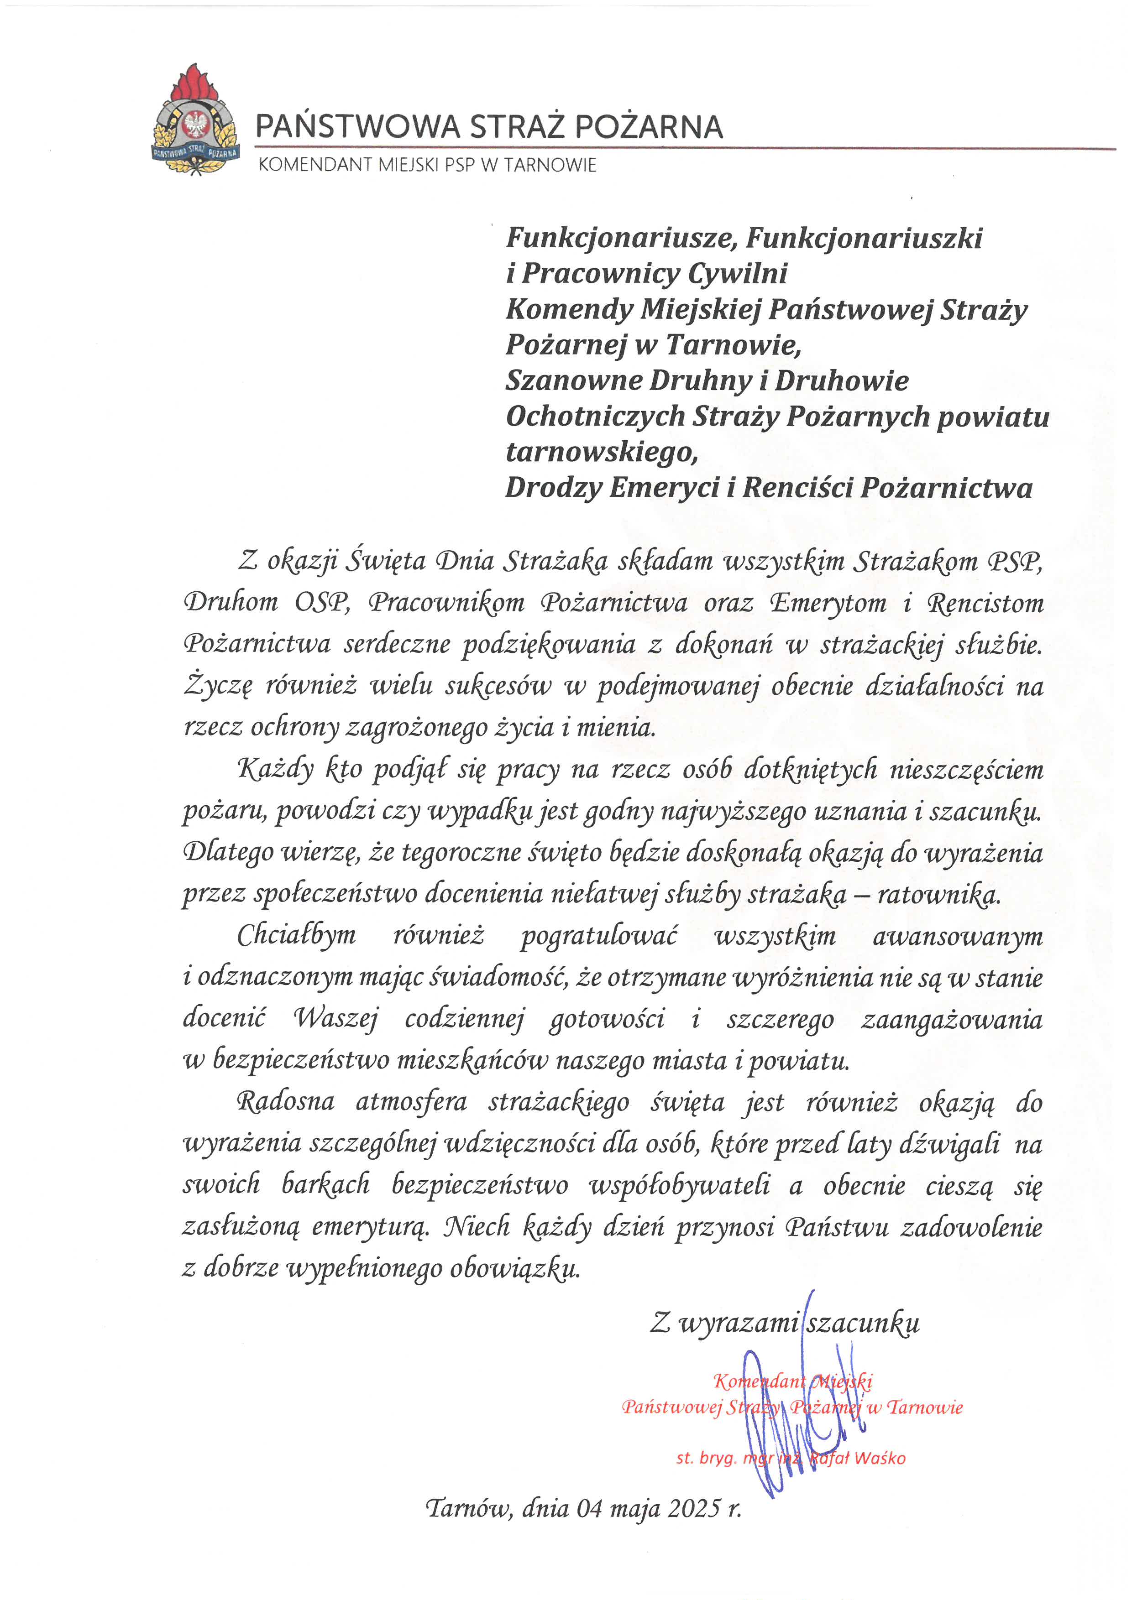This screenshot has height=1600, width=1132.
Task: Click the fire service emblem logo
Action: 195,120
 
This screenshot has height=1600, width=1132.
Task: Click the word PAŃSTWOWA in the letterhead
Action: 357,127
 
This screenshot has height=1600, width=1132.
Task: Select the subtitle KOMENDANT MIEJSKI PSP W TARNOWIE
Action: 427,165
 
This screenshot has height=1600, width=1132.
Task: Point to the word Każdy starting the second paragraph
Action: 275,769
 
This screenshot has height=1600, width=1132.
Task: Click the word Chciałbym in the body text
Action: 296,935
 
